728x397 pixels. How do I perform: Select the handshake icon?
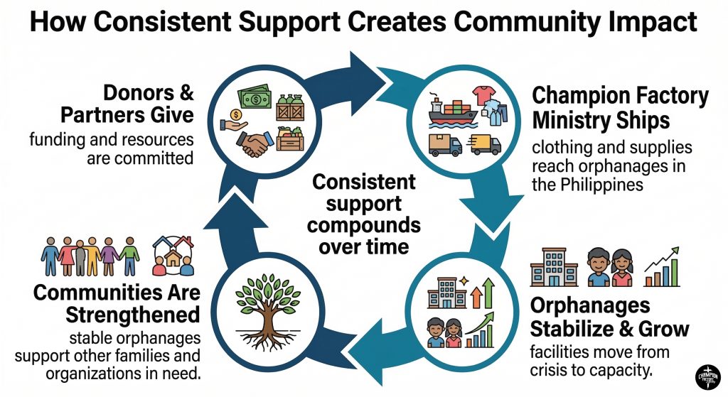pos(255,143)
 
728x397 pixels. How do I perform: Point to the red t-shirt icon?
pos(483,95)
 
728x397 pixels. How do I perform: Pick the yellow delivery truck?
pos(485,145)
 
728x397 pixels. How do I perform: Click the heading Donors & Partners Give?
pos(127,104)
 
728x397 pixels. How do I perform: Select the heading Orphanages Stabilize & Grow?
pos(609,317)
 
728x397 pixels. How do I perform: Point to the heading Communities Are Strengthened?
pos(117,303)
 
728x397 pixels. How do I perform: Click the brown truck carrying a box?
pos(445,145)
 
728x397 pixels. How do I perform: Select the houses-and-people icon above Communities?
pos(173,256)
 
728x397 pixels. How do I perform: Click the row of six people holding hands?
pos(90,256)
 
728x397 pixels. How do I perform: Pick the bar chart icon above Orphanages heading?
pos(662,267)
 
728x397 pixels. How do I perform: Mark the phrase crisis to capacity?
pos(591,370)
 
